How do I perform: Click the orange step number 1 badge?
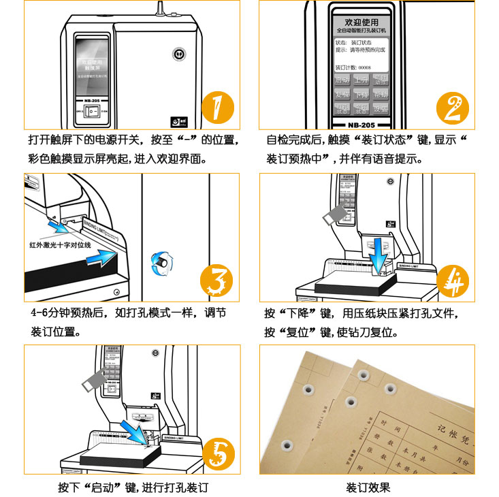[x=217, y=108]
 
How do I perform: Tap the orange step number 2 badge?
[x=453, y=108]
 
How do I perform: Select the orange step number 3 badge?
[x=216, y=280]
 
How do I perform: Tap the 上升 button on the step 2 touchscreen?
[x=361, y=80]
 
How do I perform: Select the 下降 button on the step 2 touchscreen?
[x=361, y=95]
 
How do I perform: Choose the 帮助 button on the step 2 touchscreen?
[x=381, y=95]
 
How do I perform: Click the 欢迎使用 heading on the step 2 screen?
[x=361, y=22]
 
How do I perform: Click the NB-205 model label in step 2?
[x=361, y=125]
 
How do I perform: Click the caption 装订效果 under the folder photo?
[x=368, y=487]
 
